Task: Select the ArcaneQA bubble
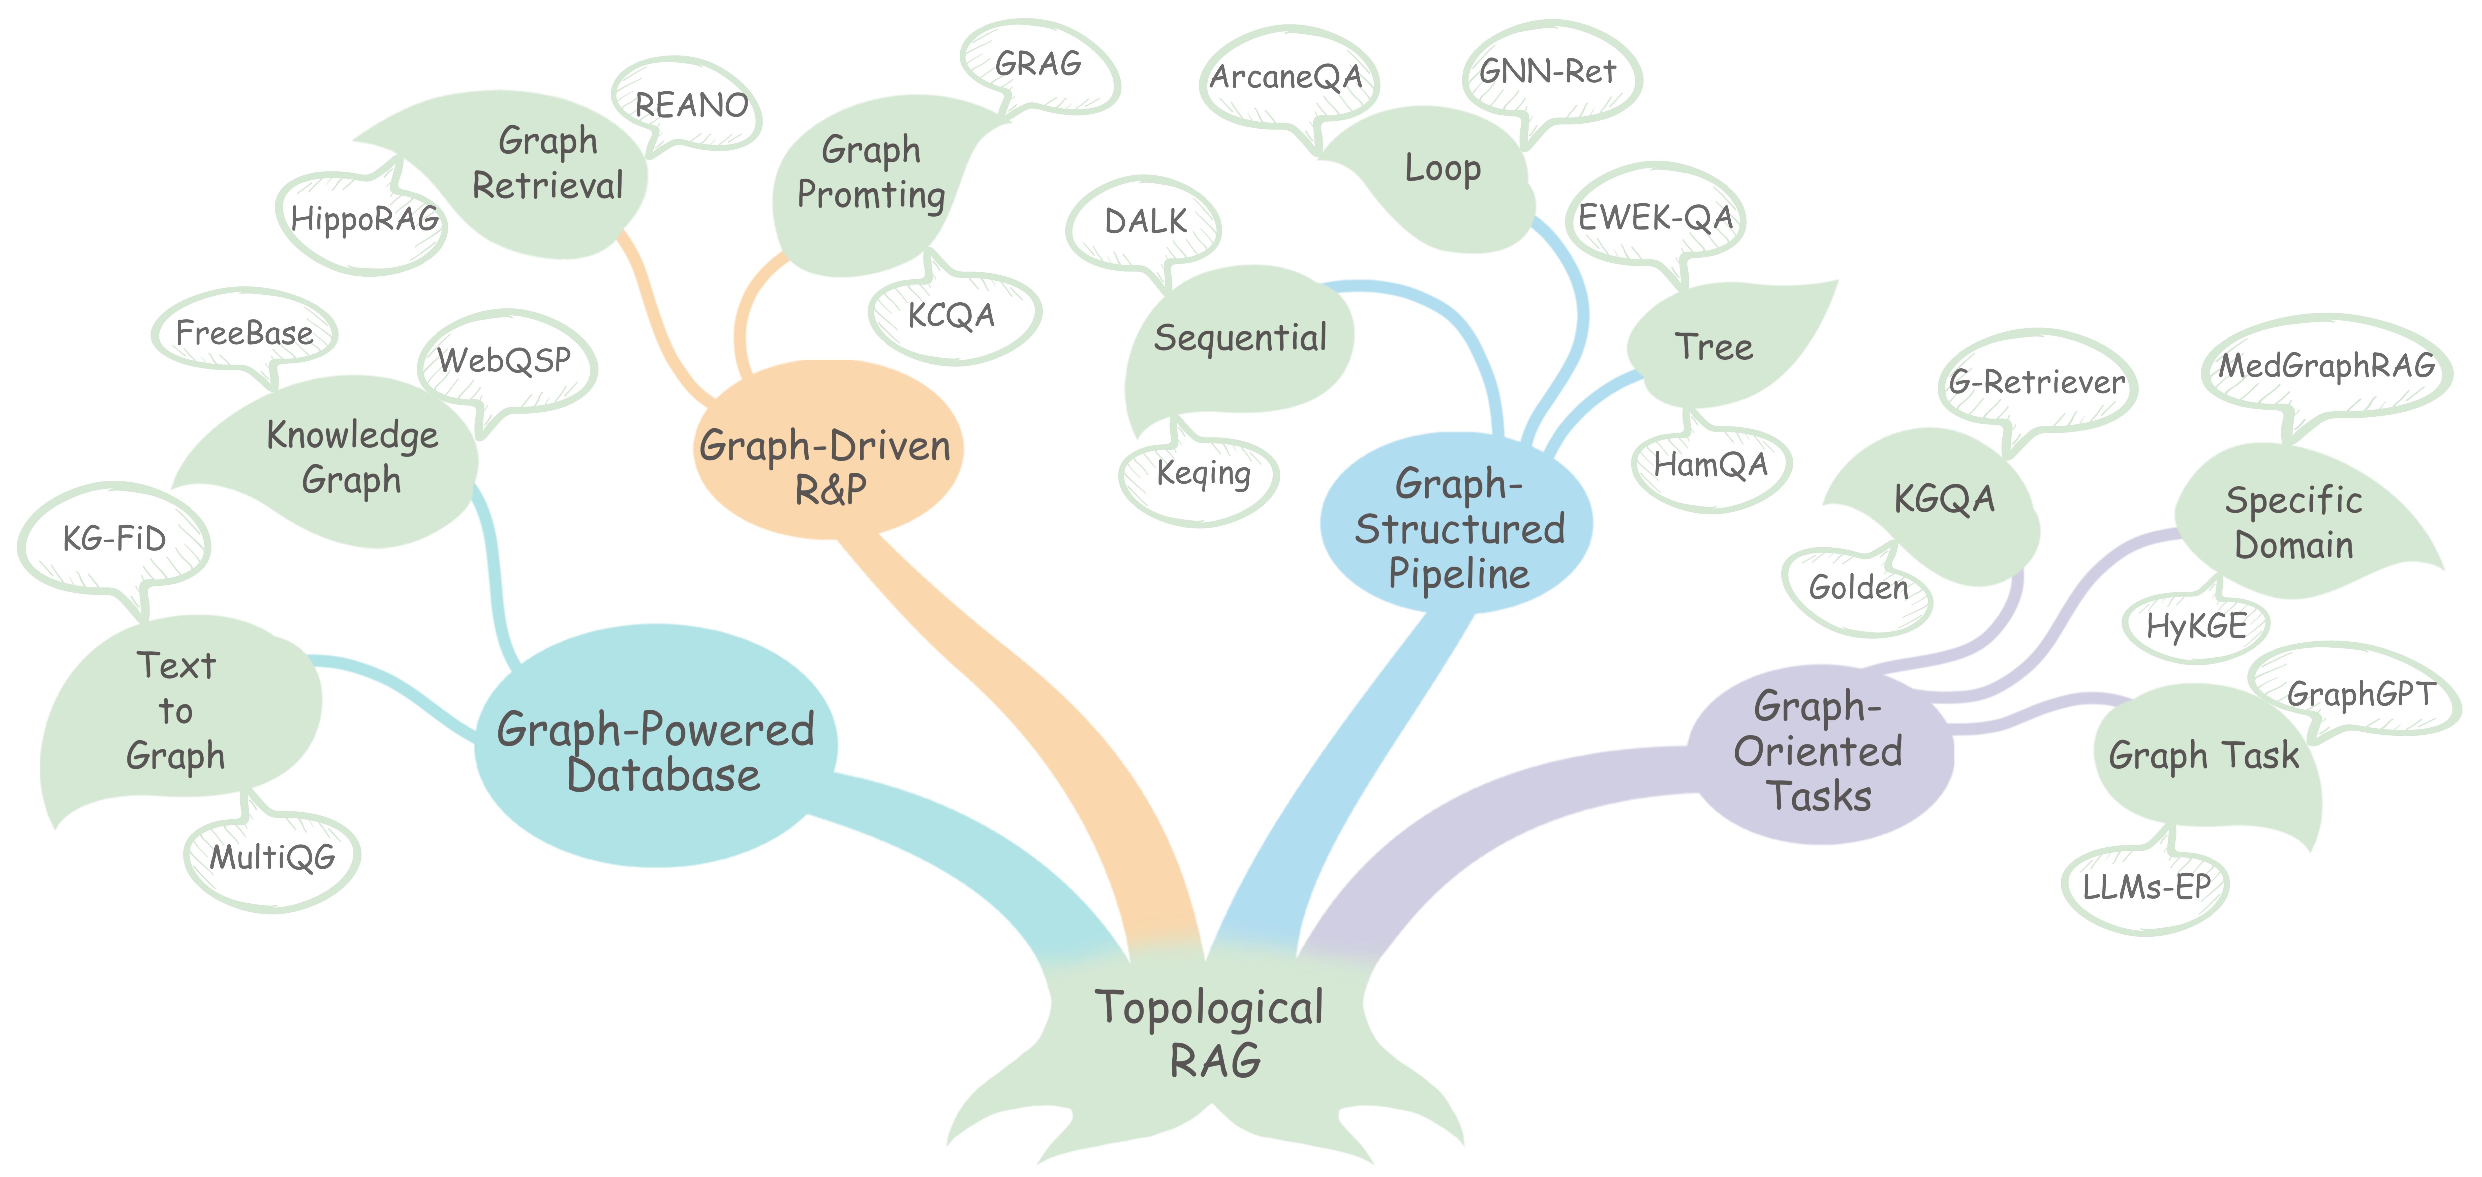click(1286, 77)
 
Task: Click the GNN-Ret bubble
click(1547, 71)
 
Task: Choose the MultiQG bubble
click(273, 857)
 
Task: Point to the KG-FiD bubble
click(114, 538)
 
